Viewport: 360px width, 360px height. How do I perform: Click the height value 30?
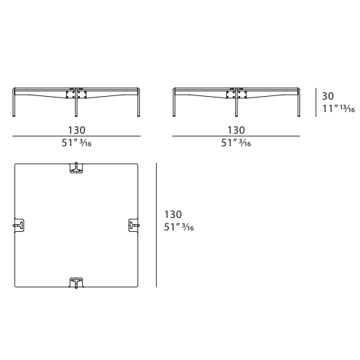coord(328,96)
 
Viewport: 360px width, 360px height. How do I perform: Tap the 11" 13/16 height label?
coord(338,109)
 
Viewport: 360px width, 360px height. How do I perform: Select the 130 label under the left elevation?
coord(77,130)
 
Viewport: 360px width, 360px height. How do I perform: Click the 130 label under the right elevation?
coord(236,130)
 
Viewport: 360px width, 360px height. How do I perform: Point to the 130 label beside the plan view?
coord(173,214)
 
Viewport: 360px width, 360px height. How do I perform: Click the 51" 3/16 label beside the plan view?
coord(179,227)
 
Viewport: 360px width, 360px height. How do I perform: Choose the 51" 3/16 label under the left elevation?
coord(77,143)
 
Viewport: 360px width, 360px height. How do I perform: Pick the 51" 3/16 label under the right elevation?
coord(236,143)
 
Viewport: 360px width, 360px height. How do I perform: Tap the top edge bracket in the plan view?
coord(77,168)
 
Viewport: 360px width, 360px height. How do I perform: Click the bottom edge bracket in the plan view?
coord(77,283)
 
